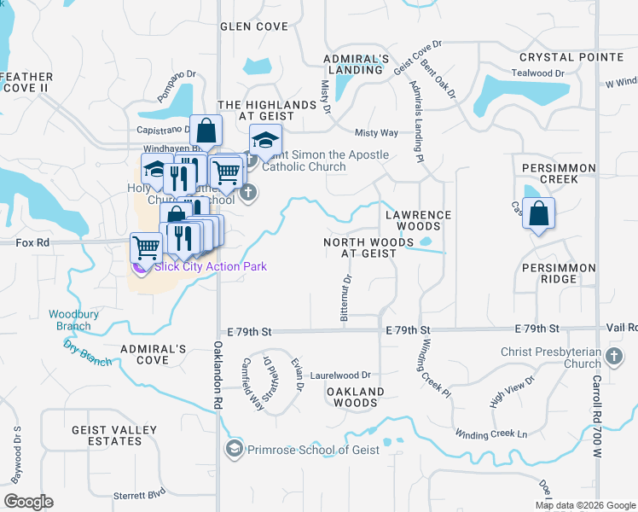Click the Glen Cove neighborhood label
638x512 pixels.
(x=253, y=26)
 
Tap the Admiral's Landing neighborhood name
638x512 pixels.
(x=357, y=64)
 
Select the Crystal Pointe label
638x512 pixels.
(x=571, y=57)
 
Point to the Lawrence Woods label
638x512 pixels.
(x=418, y=220)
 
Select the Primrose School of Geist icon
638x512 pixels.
(x=235, y=449)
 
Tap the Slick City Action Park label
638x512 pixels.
(x=210, y=267)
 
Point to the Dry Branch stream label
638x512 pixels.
(x=87, y=352)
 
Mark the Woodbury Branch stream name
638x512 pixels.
(x=69, y=320)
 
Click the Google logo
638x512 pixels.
(x=28, y=501)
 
